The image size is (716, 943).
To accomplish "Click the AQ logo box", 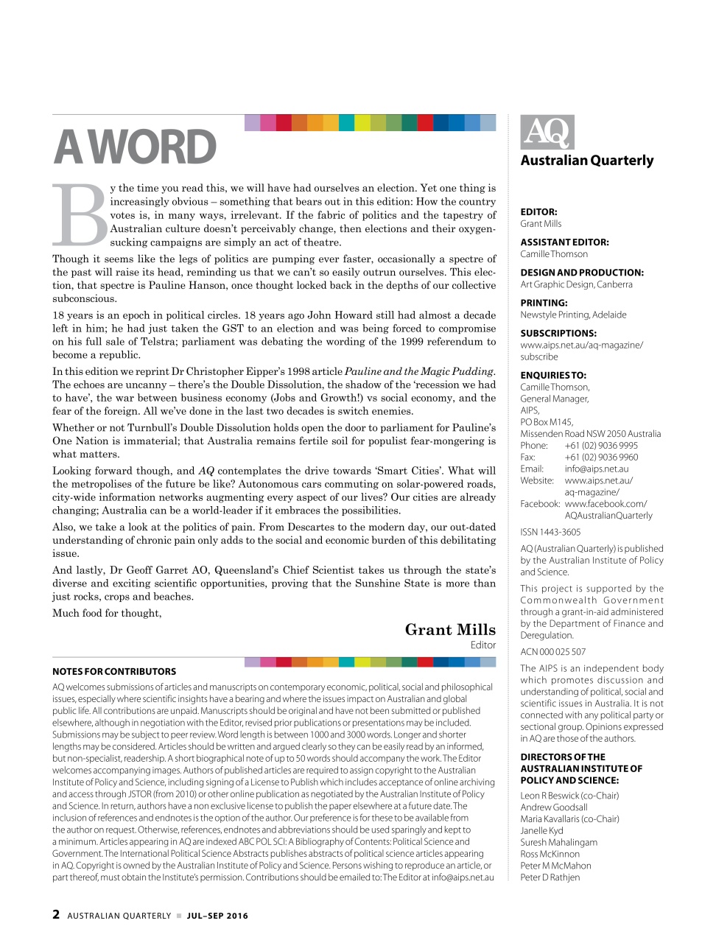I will [x=547, y=133].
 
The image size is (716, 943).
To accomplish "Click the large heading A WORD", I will [x=135, y=147].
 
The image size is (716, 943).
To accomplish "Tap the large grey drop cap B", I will [x=80, y=215].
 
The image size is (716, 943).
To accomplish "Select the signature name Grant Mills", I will [x=450, y=629].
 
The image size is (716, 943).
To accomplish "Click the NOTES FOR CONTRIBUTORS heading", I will [x=114, y=671].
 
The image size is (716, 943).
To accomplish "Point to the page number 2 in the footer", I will [x=56, y=914].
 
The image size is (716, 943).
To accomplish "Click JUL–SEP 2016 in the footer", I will [x=217, y=916].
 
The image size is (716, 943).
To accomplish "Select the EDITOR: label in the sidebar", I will [x=538, y=211].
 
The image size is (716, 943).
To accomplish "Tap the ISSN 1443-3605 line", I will [x=550, y=532].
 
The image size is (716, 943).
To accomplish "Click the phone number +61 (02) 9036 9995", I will [x=601, y=446].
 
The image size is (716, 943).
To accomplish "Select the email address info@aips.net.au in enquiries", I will [x=597, y=469].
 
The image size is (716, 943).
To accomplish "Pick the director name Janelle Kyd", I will [x=542, y=830].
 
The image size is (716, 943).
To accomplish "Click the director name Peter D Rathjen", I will [x=550, y=877].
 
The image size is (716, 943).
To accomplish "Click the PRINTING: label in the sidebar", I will [x=544, y=303].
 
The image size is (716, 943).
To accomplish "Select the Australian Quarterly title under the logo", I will [x=586, y=161].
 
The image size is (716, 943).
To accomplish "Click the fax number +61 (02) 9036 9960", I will [x=601, y=457].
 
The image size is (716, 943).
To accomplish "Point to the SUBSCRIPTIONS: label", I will [x=558, y=333].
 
